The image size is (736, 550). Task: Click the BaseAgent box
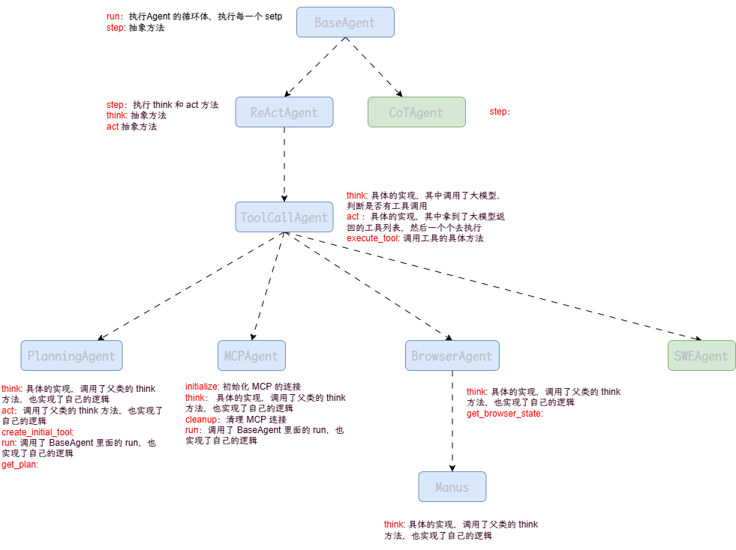345,22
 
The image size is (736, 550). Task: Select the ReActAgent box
284,112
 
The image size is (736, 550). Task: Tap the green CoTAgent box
416,112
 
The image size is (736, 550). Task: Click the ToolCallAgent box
284,217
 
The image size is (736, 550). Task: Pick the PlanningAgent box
71,356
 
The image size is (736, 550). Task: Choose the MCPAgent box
251,356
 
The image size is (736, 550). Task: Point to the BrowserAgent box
452,356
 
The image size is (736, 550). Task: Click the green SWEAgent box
701,356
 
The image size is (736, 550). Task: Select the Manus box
452,487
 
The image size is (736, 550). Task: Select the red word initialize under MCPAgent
201,387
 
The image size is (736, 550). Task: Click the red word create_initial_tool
37,432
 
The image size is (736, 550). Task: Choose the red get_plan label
19,465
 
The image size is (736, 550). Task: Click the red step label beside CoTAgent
499,112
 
